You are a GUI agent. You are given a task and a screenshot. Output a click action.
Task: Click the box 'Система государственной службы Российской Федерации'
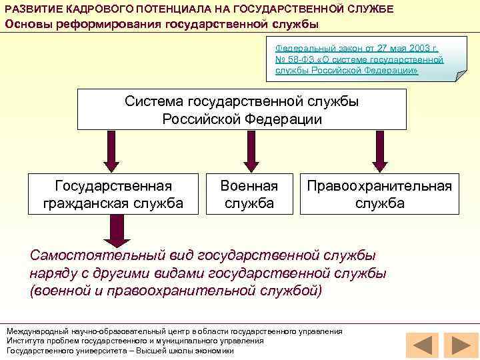(x=241, y=109)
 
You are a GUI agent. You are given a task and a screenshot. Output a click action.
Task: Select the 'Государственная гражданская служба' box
(x=113, y=194)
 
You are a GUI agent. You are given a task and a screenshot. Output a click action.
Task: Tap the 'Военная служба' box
(x=249, y=194)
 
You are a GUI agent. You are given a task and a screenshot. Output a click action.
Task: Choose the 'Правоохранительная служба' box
(x=379, y=194)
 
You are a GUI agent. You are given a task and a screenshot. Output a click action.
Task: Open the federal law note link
(x=359, y=59)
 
